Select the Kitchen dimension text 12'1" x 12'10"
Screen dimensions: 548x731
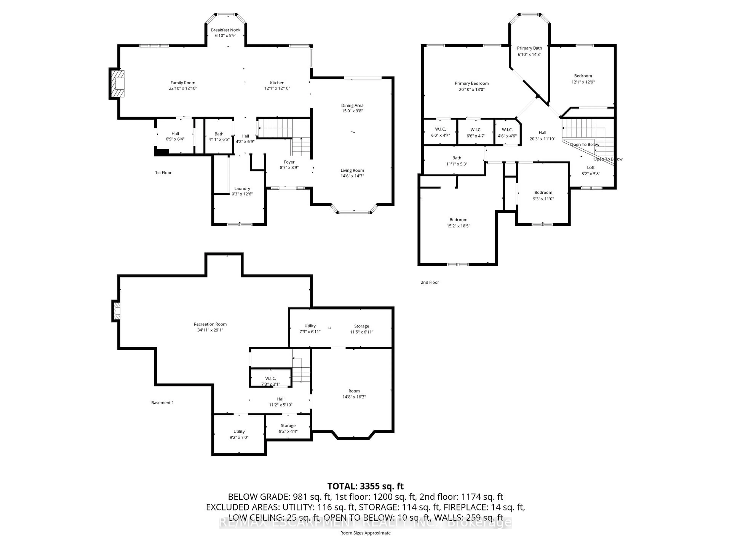[277, 88]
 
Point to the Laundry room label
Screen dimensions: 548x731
[242, 189]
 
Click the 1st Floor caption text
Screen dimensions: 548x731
[163, 172]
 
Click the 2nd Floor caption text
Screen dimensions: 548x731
[430, 282]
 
